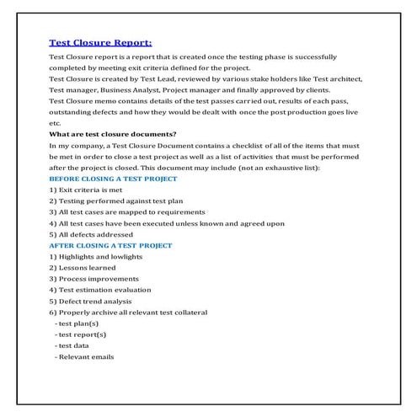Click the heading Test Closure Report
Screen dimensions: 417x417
100,40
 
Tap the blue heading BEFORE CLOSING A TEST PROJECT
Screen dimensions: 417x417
113,179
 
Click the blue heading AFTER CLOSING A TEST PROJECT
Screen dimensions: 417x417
110,245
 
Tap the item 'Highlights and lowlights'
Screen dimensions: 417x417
96,256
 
